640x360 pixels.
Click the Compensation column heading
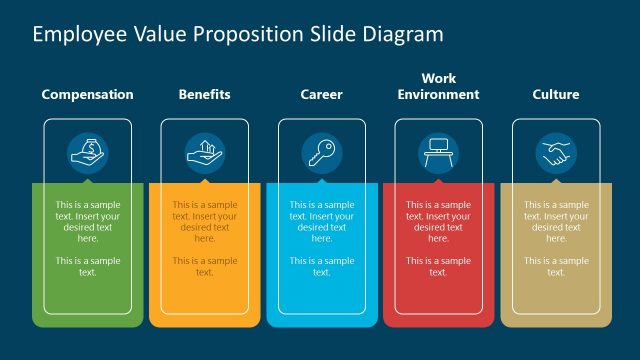(87, 95)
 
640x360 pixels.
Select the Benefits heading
(204, 95)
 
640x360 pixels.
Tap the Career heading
(321, 95)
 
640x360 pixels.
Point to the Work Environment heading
(438, 86)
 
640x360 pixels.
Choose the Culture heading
(556, 95)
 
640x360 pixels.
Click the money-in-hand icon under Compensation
(87, 153)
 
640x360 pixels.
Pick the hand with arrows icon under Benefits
(204, 153)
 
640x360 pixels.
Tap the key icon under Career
(321, 153)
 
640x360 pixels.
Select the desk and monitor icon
(438, 153)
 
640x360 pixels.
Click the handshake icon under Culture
(556, 153)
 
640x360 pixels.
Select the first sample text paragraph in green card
(87, 221)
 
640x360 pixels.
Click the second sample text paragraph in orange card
(204, 266)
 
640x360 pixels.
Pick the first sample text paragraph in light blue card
(321, 221)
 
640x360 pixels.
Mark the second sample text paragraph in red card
(438, 266)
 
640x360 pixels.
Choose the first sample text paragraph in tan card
(556, 221)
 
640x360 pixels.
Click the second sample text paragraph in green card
(87, 266)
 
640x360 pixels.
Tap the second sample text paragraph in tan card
(556, 266)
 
